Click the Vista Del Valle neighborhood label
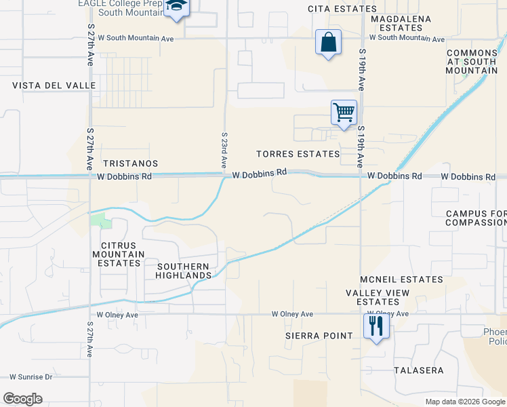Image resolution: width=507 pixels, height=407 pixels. pyautogui.click(x=54, y=85)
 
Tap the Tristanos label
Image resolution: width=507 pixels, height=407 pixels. pyautogui.click(x=130, y=163)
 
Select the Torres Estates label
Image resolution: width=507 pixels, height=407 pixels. pyautogui.click(x=298, y=154)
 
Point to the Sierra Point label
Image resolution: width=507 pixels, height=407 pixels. pyautogui.click(x=319, y=336)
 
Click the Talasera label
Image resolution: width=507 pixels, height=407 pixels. pyautogui.click(x=419, y=370)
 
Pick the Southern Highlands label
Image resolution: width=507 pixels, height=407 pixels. pyautogui.click(x=184, y=270)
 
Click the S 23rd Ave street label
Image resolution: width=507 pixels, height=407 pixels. pyautogui.click(x=224, y=151)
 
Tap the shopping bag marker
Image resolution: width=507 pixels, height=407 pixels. pyautogui.click(x=328, y=43)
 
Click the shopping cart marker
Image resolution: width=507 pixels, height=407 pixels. pyautogui.click(x=344, y=112)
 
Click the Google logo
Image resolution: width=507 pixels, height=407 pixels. pyautogui.click(x=22, y=399)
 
